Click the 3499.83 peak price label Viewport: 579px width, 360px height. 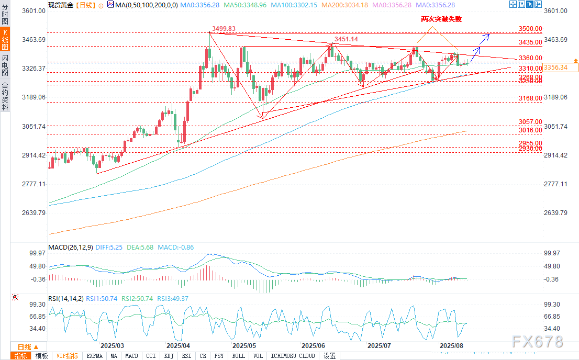(224, 28)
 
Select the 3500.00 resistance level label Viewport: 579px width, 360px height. (530, 29)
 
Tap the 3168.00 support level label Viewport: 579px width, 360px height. (530, 98)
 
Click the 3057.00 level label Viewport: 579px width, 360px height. (530, 121)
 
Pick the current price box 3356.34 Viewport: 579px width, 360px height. (561, 67)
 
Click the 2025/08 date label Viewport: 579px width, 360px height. (451, 346)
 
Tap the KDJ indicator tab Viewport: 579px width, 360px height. (169, 356)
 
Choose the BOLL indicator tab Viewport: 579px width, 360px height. (238, 356)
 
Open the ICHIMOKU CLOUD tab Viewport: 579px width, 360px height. (293, 356)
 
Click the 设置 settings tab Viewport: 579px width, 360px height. (329, 356)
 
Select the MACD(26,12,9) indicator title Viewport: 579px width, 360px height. (70, 246)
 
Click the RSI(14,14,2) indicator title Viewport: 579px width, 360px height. (65, 298)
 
